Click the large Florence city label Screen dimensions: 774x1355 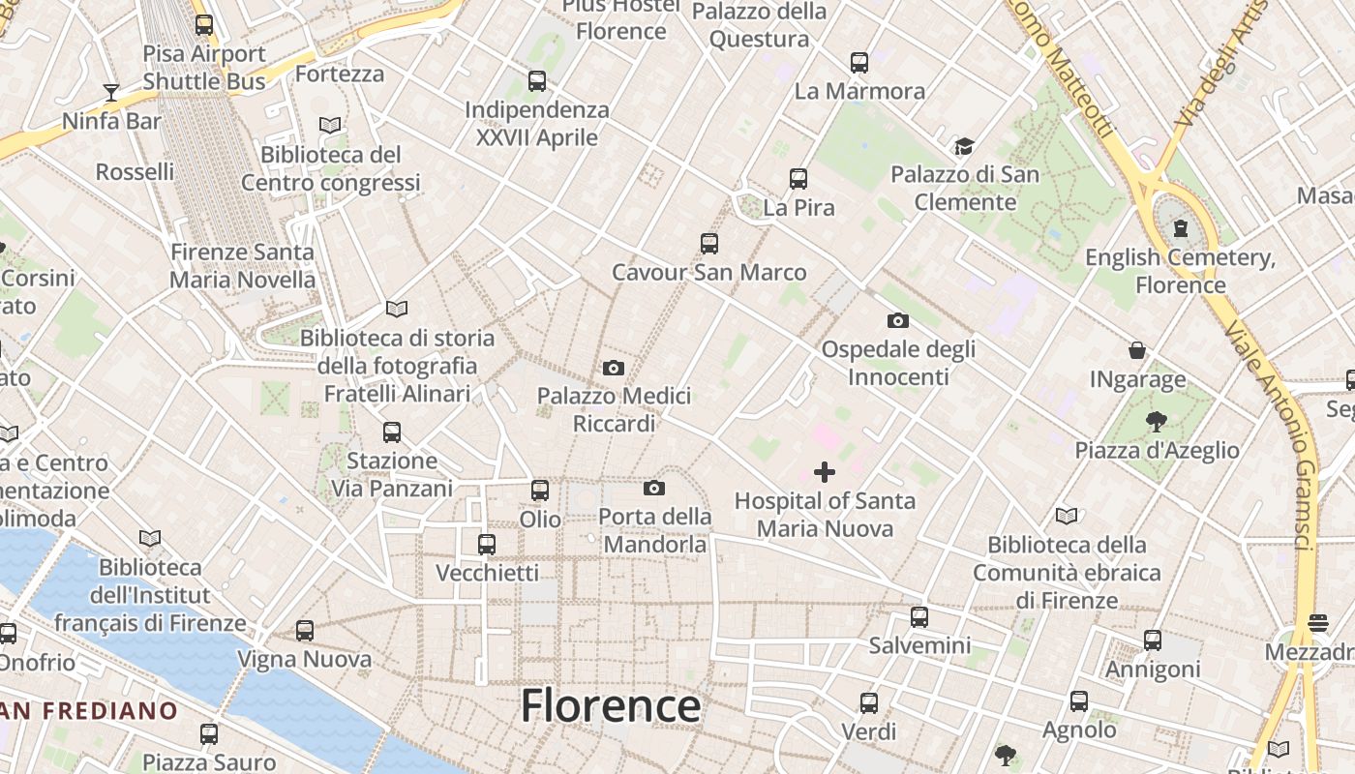click(611, 706)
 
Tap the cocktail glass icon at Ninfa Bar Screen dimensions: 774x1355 click(111, 93)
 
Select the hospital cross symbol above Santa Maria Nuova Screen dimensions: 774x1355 click(825, 472)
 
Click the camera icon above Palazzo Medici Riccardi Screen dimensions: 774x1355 click(613, 368)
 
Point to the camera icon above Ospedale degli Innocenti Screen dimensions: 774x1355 click(897, 320)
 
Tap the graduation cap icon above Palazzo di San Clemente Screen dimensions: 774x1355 click(964, 147)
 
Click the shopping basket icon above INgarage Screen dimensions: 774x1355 click(1137, 350)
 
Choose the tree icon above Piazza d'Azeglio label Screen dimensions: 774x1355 click(1156, 421)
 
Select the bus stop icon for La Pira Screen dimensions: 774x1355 click(798, 179)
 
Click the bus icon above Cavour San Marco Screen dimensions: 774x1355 click(709, 244)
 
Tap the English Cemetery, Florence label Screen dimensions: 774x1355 click(1180, 271)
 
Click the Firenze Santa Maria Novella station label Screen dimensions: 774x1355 click(242, 266)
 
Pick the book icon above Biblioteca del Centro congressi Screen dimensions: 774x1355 click(330, 126)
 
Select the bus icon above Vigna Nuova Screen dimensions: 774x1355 click(305, 631)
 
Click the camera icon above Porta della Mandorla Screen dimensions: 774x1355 click(654, 488)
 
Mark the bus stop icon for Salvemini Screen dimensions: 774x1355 click(919, 616)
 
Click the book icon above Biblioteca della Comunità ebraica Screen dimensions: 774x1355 click(1067, 516)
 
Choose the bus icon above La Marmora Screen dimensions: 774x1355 click(859, 63)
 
